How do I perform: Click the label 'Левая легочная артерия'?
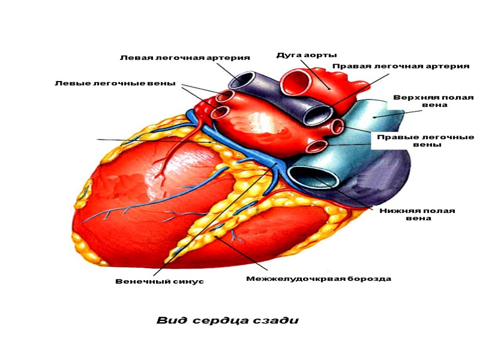185,58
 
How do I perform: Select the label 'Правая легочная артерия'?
400,66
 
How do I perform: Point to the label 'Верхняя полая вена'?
433,101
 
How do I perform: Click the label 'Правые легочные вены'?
425,141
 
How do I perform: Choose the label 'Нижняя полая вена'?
418,215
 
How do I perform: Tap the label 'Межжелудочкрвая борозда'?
319,279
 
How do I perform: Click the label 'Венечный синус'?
160,281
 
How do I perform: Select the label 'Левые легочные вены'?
115,83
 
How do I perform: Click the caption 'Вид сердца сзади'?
227,320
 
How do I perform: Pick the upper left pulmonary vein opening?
226,96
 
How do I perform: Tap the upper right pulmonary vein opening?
338,126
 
